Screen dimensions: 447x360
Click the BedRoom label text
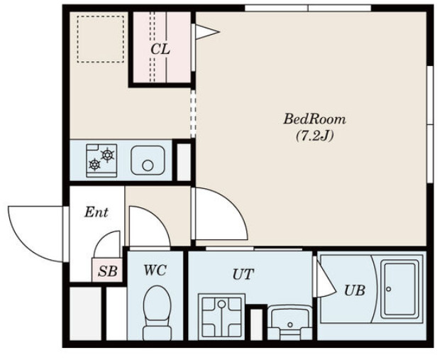pos(314,119)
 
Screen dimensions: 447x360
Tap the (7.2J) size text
pos(314,136)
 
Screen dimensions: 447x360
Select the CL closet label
pos(160,50)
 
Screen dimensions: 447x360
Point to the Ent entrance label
pos(96,212)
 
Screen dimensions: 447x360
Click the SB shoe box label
pos(107,271)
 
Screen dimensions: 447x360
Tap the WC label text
pos(155,270)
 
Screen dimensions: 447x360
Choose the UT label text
pos(243,274)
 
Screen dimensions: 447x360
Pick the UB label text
pos(355,290)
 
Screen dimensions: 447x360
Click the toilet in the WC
pos(157,312)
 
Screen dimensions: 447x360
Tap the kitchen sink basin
pos(148,160)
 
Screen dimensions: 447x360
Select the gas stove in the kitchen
pos(101,160)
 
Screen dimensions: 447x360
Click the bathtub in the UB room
pos(399,289)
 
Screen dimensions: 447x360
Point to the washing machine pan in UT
pos(221,316)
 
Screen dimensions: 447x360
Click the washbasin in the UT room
pos(289,322)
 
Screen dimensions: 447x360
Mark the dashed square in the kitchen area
pos(100,39)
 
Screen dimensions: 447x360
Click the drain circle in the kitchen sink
pos(148,165)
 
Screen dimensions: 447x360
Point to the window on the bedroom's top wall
pos(308,9)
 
